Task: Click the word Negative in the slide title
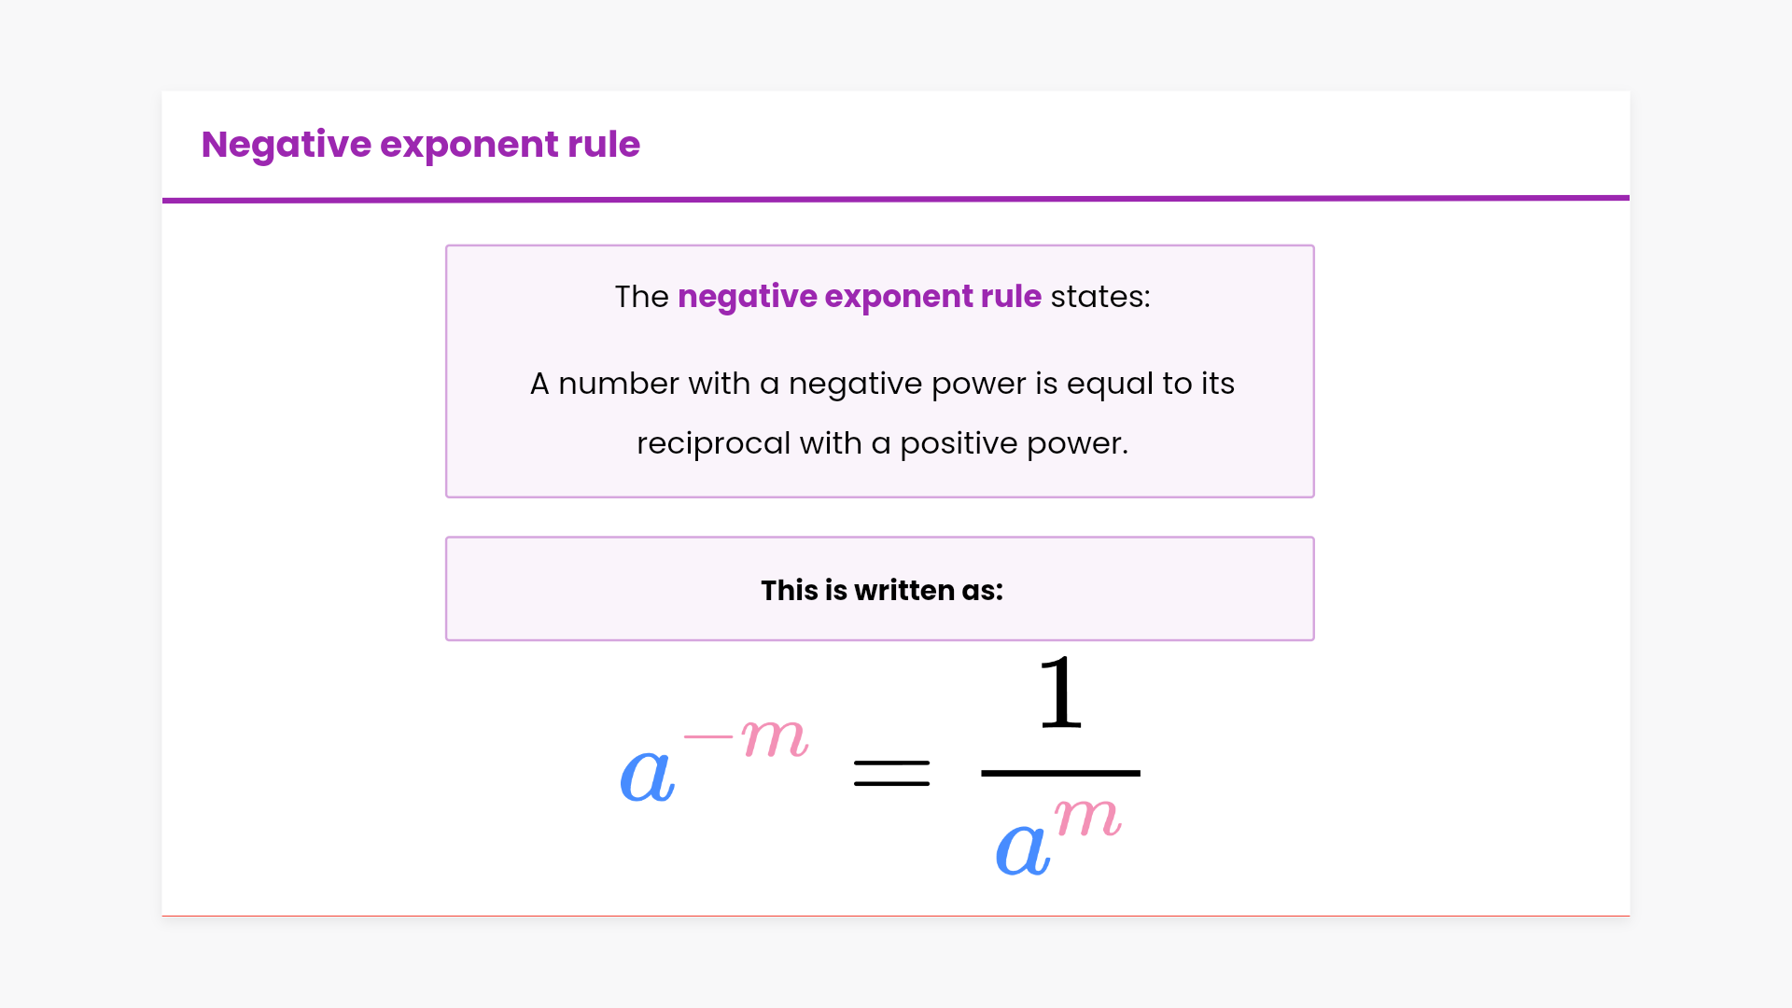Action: pyautogui.click(x=287, y=145)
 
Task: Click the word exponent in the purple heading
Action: pyautogui.click(x=469, y=145)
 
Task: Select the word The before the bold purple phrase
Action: pyautogui.click(x=641, y=297)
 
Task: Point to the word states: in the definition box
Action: pyautogui.click(x=1100, y=297)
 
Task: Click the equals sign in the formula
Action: pyautogui.click(x=891, y=773)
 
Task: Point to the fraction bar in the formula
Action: pyautogui.click(x=1060, y=773)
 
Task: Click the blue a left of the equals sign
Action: pyautogui.click(x=647, y=776)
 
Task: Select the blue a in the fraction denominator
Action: pyautogui.click(x=1022, y=849)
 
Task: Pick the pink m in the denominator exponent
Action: pyautogui.click(x=1087, y=819)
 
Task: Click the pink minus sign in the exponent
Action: pyautogui.click(x=708, y=736)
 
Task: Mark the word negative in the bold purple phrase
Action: pyautogui.click(x=747, y=297)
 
